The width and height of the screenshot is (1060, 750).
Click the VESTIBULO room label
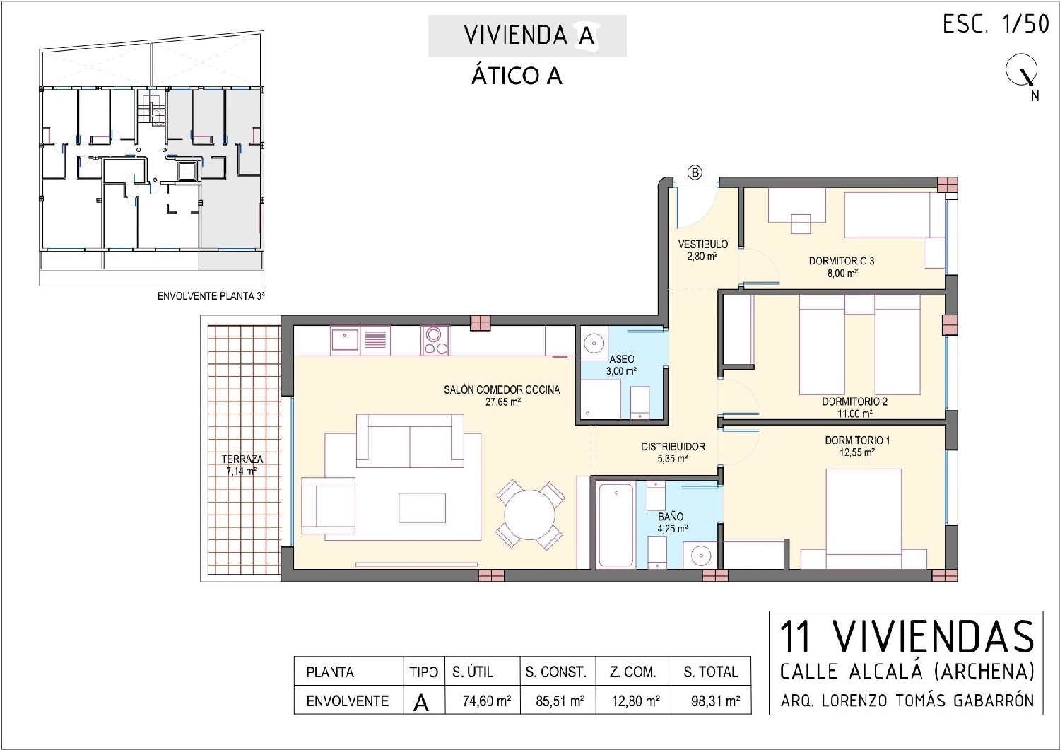pyautogui.click(x=702, y=244)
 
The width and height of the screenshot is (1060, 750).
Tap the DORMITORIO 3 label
pyautogui.click(x=841, y=261)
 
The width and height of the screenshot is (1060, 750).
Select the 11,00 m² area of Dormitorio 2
pyautogui.click(x=855, y=414)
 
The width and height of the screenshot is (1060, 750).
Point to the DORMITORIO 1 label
pyautogui.click(x=856, y=440)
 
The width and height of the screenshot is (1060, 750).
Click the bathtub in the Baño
pyautogui.click(x=616, y=525)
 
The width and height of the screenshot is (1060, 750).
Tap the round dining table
pyautogui.click(x=530, y=515)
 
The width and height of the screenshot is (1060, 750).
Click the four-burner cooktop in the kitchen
pyautogui.click(x=435, y=341)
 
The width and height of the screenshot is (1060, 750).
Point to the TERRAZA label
pyautogui.click(x=242, y=459)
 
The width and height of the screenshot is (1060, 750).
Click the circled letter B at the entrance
pyautogui.click(x=695, y=172)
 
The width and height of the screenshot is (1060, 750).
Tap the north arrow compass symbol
pyautogui.click(x=1022, y=72)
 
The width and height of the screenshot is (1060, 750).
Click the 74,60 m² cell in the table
pyautogui.click(x=486, y=701)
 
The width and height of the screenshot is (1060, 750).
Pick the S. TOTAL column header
pyautogui.click(x=710, y=672)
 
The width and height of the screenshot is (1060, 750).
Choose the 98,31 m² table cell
pyautogui.click(x=715, y=701)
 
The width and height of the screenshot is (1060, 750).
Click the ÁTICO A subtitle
pyautogui.click(x=517, y=76)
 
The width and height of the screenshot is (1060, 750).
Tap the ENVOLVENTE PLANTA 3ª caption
pyautogui.click(x=211, y=296)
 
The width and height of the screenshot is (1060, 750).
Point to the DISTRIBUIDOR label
pyautogui.click(x=673, y=447)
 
